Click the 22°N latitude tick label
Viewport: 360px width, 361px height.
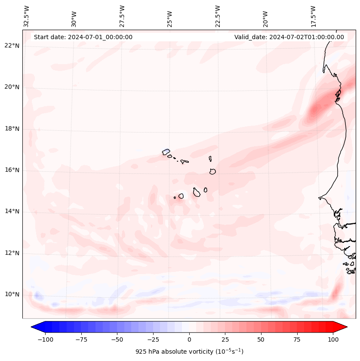pos(12,46)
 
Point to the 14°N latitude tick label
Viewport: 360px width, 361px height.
pos(12,211)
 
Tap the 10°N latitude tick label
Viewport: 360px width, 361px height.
pos(12,295)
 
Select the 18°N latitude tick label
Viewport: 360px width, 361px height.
pos(12,129)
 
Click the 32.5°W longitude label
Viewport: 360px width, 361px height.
pos(27,16)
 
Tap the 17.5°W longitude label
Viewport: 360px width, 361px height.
pos(314,15)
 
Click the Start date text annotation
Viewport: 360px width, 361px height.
pos(83,37)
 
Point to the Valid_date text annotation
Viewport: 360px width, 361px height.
pos(289,37)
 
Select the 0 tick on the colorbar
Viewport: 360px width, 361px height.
pos(189,339)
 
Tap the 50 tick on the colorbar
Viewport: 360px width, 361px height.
pos(261,339)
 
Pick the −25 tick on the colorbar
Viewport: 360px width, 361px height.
pos(153,339)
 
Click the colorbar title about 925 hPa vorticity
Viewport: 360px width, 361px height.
pos(189,352)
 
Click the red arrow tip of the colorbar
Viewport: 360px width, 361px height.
pos(342,327)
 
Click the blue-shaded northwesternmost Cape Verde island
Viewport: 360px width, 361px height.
pos(166,151)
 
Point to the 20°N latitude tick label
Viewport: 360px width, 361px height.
pos(12,87)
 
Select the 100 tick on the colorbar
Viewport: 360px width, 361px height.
pos(333,339)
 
